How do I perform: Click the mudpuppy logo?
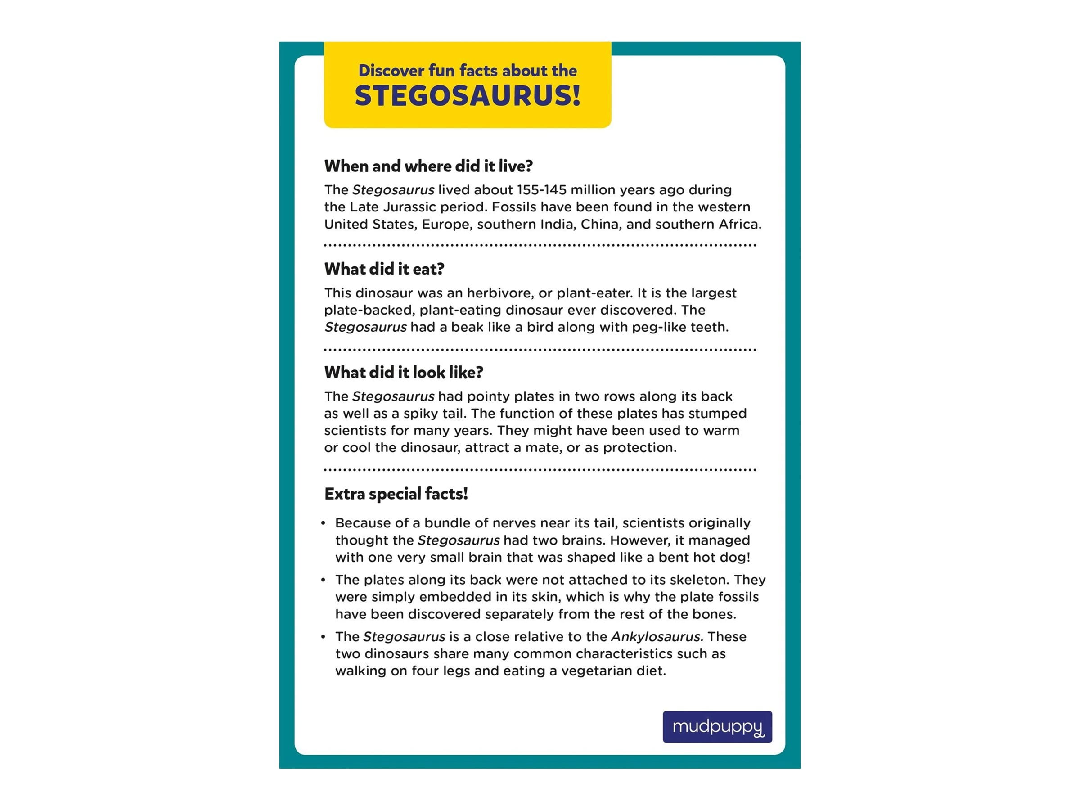[717, 726]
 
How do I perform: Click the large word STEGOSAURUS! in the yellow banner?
[467, 96]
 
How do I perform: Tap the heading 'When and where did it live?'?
[428, 166]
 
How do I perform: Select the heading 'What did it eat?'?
[384, 269]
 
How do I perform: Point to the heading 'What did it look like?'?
[403, 373]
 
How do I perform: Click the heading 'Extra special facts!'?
[396, 494]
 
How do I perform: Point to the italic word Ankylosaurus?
[656, 637]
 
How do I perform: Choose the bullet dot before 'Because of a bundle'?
[323, 523]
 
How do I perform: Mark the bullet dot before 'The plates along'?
[323, 580]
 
